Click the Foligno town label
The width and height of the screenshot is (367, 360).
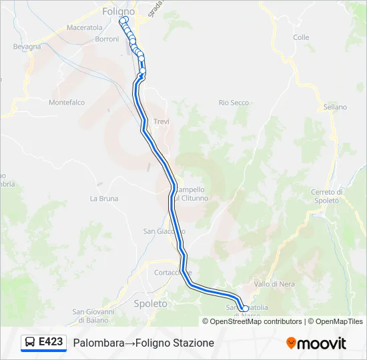point(119,11)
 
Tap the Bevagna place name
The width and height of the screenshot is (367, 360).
point(27,47)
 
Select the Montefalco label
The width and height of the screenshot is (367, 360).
point(67,103)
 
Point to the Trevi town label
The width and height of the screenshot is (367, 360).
point(161,121)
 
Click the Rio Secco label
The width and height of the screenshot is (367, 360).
point(234,103)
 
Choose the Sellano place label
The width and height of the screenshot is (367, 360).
point(335,107)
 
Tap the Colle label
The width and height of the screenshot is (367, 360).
point(301,38)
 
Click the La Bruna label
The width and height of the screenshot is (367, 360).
point(104,199)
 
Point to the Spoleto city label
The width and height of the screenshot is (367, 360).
point(151,303)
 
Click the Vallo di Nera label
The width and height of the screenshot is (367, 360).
point(274,284)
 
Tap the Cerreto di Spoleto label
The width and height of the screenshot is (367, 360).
point(326,196)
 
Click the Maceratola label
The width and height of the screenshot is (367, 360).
point(85,28)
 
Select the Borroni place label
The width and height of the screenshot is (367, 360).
point(107,39)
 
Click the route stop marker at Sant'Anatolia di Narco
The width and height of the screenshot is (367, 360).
point(245,309)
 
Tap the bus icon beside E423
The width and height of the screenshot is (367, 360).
point(30,342)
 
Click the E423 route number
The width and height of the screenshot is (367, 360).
point(51,342)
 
